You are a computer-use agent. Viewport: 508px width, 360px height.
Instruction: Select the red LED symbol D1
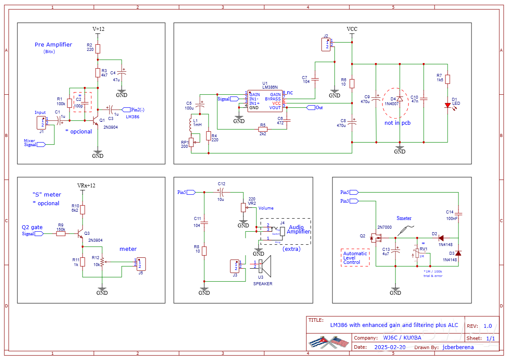pos(447,105)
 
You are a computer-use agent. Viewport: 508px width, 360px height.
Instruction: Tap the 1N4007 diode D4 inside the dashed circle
pos(399,100)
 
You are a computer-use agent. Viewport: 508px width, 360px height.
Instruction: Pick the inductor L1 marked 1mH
pos(190,124)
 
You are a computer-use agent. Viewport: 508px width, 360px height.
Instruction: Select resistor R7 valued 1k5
pos(447,79)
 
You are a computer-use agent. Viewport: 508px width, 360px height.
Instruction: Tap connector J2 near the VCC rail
pos(326,44)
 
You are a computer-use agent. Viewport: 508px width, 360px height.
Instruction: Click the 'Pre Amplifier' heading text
pos(53,44)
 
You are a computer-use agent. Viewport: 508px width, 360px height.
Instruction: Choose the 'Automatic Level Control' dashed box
pos(355,258)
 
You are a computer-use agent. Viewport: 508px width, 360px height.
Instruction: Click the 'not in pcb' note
pos(397,123)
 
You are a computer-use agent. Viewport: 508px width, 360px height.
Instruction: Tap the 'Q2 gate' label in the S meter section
pos(33,227)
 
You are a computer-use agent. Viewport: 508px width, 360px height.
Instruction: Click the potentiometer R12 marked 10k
pos(102,262)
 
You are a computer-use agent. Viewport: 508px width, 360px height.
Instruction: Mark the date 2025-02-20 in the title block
pos(390,347)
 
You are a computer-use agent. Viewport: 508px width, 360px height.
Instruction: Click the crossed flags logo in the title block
pos(329,342)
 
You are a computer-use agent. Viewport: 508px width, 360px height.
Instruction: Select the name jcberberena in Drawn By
pos(458,347)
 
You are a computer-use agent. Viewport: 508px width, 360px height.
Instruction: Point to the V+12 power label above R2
pos(98,29)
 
